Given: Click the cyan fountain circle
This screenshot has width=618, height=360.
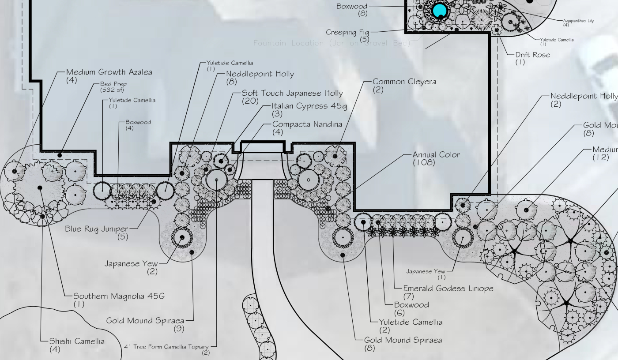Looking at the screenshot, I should click(439, 10).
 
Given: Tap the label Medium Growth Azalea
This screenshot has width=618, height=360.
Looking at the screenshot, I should click(109, 72).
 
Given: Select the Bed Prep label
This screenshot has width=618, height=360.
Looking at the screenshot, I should click(113, 84).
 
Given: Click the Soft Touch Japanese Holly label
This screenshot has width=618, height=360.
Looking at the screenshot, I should click(292, 93).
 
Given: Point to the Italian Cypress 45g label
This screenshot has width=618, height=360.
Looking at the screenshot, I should click(309, 106).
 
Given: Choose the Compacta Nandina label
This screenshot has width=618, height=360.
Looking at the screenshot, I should click(307, 124).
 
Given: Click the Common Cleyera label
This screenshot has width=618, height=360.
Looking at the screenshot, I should click(404, 82).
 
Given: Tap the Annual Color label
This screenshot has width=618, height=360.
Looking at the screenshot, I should click(436, 155).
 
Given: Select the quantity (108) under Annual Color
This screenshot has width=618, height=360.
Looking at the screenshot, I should click(424, 163).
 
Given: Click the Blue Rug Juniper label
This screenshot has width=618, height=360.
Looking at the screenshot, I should click(97, 229).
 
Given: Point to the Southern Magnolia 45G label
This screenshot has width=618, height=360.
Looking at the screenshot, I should click(119, 296).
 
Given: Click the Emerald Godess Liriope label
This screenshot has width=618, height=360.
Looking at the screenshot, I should click(448, 289).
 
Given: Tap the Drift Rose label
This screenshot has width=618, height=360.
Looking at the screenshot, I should click(533, 55).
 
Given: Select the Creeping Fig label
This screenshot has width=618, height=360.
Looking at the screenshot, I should click(347, 32).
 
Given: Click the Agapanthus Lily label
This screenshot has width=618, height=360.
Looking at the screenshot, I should click(578, 21).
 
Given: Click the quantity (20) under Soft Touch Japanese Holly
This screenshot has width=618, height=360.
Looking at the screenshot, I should click(249, 101).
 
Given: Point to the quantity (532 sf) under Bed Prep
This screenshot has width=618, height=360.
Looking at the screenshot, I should click(113, 90).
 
